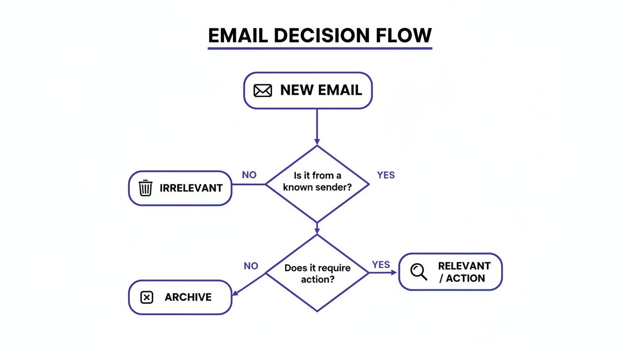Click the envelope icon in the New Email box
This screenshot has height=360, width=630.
(x=262, y=90)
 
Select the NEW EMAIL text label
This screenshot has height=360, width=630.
(x=321, y=90)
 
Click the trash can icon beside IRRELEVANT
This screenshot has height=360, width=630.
(x=146, y=188)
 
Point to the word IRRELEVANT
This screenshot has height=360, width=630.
(x=191, y=188)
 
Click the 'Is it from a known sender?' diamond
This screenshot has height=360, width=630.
(x=317, y=183)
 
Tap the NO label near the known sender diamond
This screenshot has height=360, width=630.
(x=249, y=175)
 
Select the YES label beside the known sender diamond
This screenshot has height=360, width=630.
(x=386, y=175)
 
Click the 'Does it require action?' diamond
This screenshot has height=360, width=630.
(x=317, y=273)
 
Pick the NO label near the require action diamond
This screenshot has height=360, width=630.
(x=251, y=266)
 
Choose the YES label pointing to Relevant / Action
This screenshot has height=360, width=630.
(x=381, y=264)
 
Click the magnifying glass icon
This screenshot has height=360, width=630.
(x=418, y=271)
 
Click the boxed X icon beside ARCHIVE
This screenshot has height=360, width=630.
(x=147, y=297)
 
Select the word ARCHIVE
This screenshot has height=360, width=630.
(x=188, y=297)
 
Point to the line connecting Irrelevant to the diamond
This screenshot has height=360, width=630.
(x=249, y=184)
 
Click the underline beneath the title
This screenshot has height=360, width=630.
(x=320, y=47)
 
